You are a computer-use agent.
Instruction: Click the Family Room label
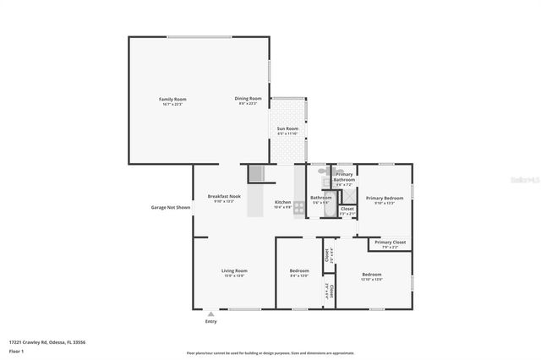(172, 101)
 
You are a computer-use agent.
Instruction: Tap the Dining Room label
(248, 101)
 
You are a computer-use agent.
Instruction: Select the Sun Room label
(287, 130)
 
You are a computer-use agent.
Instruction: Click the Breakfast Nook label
(224, 198)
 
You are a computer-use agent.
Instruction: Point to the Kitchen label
(283, 204)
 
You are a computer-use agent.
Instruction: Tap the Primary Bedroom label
(384, 199)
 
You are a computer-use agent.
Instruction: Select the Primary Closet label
(391, 244)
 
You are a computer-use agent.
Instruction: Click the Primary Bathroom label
(344, 178)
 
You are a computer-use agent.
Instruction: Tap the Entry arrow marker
(210, 314)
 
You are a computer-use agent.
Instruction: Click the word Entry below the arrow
(210, 322)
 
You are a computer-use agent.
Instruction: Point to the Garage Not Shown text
(170, 207)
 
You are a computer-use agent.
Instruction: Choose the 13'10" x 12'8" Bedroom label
(373, 275)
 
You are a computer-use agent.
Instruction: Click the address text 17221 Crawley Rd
(47, 342)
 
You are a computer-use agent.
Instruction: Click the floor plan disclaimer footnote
(270, 353)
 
